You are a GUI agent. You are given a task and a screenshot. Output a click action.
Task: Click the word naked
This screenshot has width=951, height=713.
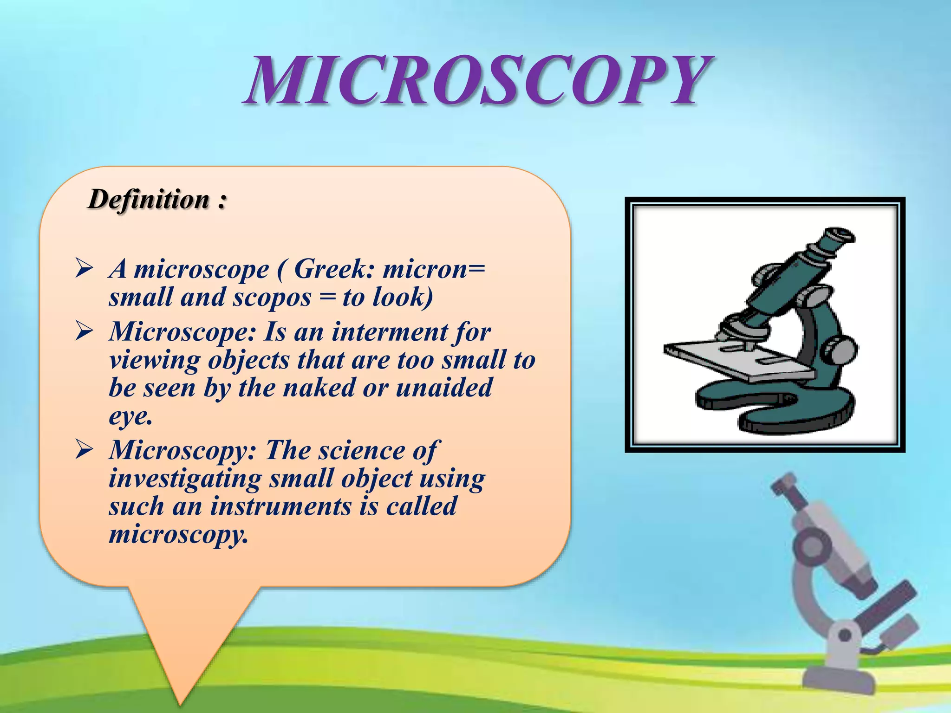pyautogui.click(x=319, y=388)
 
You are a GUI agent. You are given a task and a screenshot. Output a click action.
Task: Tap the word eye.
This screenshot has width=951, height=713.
pyautogui.click(x=130, y=416)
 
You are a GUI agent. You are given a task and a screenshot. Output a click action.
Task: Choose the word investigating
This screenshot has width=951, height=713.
pyautogui.click(x=185, y=479)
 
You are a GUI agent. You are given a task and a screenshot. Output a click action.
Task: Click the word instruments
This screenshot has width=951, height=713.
pyautogui.click(x=280, y=506)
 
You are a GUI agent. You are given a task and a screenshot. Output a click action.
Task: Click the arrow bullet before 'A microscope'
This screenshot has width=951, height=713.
pyautogui.click(x=85, y=269)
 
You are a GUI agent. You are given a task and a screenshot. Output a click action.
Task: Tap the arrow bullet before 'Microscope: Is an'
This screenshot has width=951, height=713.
pyautogui.click(x=85, y=332)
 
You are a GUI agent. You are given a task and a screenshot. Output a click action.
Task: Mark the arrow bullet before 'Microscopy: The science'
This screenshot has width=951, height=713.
pyautogui.click(x=85, y=450)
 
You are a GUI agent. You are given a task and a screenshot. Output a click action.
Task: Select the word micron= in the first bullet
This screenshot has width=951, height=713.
pyautogui.click(x=433, y=269)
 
